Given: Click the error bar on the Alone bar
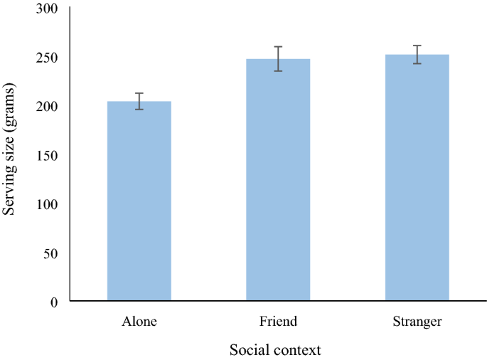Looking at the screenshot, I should point(139,101).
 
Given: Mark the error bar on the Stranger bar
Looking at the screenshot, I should point(417,55).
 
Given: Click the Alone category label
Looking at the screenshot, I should point(139,322).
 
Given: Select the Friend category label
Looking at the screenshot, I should point(278,322).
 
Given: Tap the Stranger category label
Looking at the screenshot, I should point(417,322).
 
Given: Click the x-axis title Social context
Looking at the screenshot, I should point(275,350).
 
